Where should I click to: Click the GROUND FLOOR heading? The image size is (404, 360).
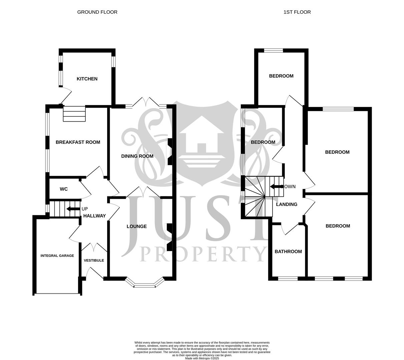coord(97,12)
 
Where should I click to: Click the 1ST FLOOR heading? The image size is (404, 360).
coord(297,12)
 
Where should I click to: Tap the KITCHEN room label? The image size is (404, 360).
coord(87,79)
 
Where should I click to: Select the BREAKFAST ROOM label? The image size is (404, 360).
coord(78,142)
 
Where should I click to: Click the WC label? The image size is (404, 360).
coord(64,189)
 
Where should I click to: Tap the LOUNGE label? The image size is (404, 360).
coord(137,227)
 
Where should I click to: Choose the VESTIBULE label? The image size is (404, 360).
coord(94,261)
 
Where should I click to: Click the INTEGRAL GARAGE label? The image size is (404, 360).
coord(57,256)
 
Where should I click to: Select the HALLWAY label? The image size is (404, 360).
coord(94,216)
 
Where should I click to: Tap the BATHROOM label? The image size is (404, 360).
coord(288,252)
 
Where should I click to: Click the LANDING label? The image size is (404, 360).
coord(287,204)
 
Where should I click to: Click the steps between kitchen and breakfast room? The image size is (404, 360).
coord(74,114)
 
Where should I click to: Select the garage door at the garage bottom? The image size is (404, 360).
coord(57,294)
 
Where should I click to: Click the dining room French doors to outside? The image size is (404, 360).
coord(146,103)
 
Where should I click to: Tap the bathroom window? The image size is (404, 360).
coord(288,278)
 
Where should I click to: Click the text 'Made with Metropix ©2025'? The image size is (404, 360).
coord(202,358)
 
